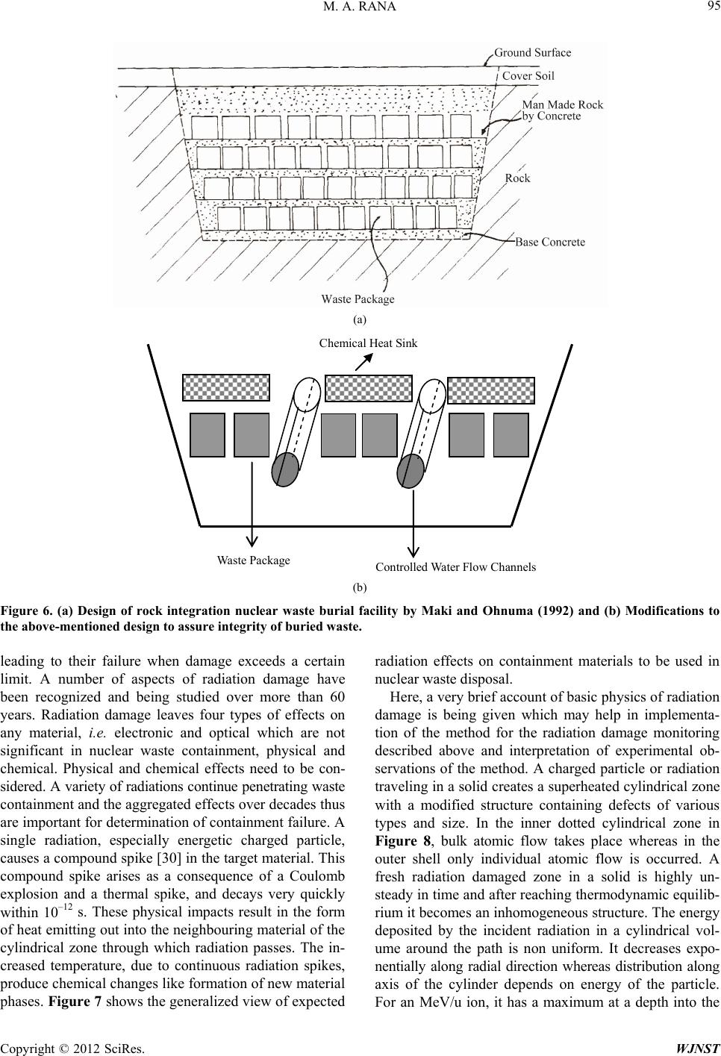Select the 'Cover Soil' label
point(528,75)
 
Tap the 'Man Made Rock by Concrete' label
point(562,110)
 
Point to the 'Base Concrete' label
point(550,242)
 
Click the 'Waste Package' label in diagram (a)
point(358,299)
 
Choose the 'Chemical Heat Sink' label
point(368,343)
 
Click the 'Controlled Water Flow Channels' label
point(455,567)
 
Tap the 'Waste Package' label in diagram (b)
point(253,560)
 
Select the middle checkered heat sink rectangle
point(369,388)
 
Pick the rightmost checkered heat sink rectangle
point(491,390)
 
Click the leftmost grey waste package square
point(207,434)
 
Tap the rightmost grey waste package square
point(511,434)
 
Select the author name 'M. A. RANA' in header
point(360,7)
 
